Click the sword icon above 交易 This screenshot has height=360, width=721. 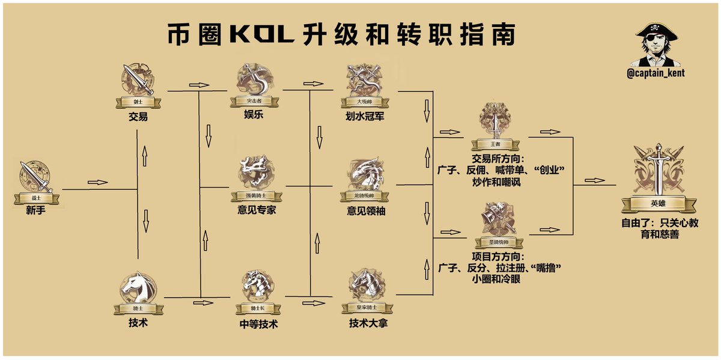pyautogui.click(x=138, y=80)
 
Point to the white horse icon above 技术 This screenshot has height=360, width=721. pyautogui.click(x=138, y=287)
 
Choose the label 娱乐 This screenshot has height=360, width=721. pyautogui.click(x=253, y=114)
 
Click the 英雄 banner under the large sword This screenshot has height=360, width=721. pyautogui.click(x=658, y=203)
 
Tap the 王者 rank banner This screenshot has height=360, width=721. pyautogui.click(x=494, y=144)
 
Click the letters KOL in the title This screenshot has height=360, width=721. pyautogui.click(x=262, y=35)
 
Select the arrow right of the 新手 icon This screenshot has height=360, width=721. pyautogui.click(x=97, y=182)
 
